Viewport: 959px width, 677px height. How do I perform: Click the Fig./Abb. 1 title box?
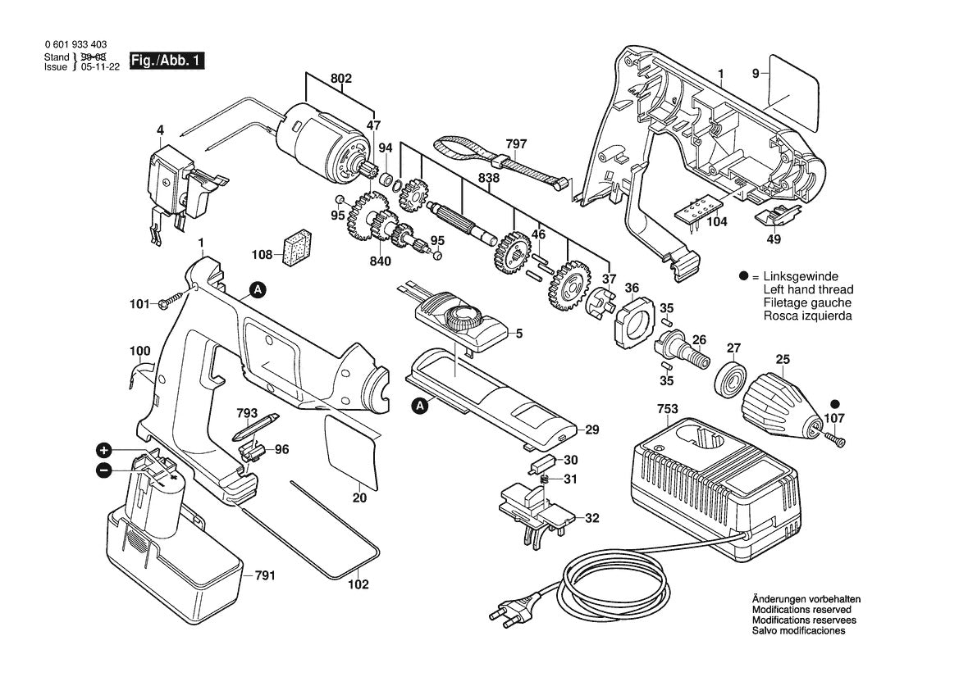point(164,61)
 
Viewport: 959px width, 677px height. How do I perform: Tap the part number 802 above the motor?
point(341,79)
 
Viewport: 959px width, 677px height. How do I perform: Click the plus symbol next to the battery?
point(104,450)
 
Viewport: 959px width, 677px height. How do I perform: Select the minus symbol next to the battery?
point(104,470)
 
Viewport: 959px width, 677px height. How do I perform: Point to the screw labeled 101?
point(169,302)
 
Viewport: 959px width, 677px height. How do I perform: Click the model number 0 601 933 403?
point(75,45)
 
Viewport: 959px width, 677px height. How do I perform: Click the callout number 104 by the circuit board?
point(716,222)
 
